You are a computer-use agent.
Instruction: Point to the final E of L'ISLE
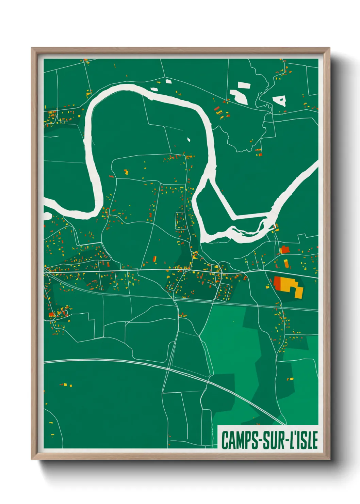[315, 440]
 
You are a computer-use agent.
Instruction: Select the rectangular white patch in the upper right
[244, 85]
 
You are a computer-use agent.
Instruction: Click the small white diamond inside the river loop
[189, 139]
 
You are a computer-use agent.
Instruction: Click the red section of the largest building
[277, 282]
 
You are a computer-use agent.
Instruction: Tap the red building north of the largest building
[284, 250]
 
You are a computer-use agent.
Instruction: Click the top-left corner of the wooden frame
[32, 48]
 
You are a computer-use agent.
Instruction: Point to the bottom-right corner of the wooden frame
[329, 459]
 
